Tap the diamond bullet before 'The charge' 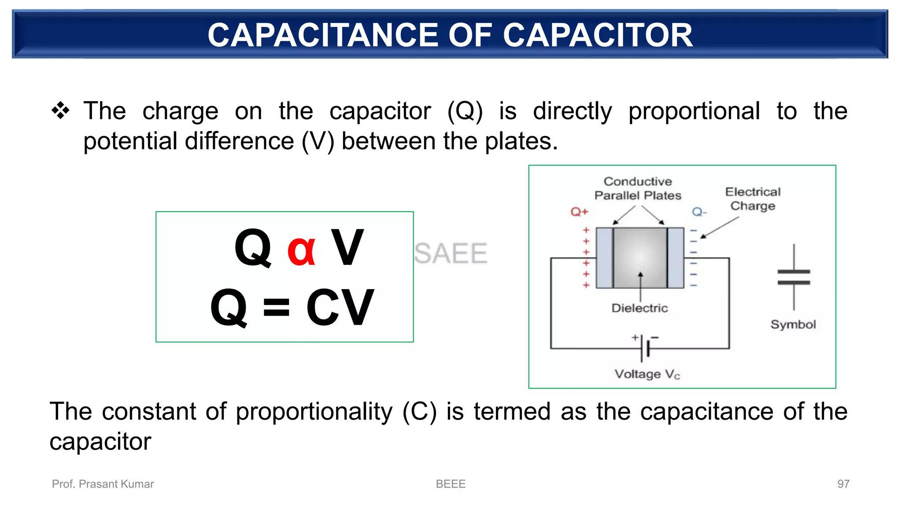coord(61,110)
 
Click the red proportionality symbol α coord(301,249)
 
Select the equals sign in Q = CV coord(276,307)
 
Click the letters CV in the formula coord(340,307)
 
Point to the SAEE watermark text coord(451,253)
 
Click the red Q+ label coord(579,212)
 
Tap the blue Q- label coord(699,212)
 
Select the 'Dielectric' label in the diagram coord(640,308)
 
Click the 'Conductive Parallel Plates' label coord(638,188)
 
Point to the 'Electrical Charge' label coord(753,199)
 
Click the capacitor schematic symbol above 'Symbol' coord(794,277)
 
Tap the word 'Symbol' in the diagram coord(793,324)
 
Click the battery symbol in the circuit coord(645,348)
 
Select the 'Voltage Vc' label coord(647,374)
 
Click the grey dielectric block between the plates coord(640,257)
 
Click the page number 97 coord(843,484)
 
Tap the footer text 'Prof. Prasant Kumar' coord(103,484)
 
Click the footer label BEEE coord(451,484)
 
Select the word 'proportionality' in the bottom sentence coord(314,412)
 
